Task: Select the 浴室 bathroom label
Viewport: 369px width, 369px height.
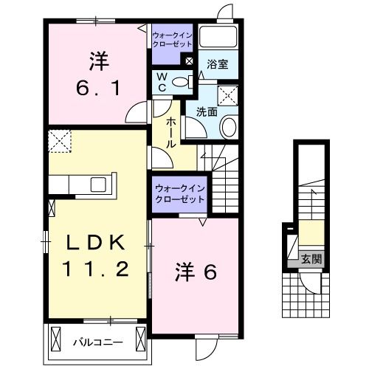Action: coord(218,64)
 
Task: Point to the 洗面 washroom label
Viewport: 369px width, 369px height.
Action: coord(207,112)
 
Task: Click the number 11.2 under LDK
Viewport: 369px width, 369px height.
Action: coord(94,270)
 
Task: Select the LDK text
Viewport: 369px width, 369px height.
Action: coord(94,243)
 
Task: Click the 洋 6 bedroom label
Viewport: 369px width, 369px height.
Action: coord(196,272)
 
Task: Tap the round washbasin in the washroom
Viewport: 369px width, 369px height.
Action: coord(228,127)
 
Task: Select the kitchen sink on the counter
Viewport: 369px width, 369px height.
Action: coord(99,184)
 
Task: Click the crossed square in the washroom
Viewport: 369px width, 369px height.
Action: coord(228,94)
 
